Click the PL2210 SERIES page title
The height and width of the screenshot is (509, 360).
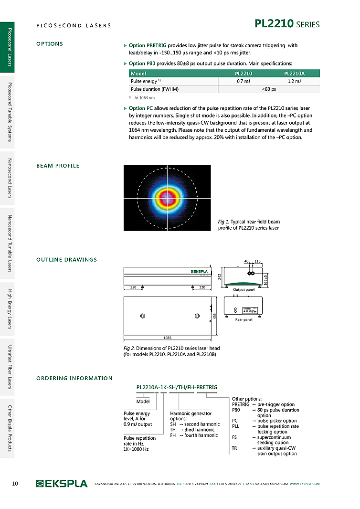click(287, 24)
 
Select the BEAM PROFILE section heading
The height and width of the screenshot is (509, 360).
click(58, 166)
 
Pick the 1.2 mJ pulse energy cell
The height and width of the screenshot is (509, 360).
click(294, 81)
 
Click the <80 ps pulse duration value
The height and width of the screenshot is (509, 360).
click(269, 89)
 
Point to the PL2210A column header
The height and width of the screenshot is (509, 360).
click(294, 74)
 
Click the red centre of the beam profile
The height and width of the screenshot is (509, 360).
click(167, 197)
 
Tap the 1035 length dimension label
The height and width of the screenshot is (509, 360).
click(167, 338)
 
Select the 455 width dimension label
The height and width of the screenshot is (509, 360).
click(215, 317)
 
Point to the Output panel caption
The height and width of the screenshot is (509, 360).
click(244, 290)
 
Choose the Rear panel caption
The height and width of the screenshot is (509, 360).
click(244, 319)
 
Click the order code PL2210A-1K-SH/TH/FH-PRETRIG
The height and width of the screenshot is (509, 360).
click(177, 387)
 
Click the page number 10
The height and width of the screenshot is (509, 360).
click(15, 484)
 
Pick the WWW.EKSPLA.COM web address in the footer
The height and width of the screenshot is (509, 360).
click(305, 484)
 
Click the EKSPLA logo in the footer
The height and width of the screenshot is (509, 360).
click(62, 484)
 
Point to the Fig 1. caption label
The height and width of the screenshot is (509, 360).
click(223, 222)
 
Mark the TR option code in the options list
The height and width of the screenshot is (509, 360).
click(235, 448)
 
